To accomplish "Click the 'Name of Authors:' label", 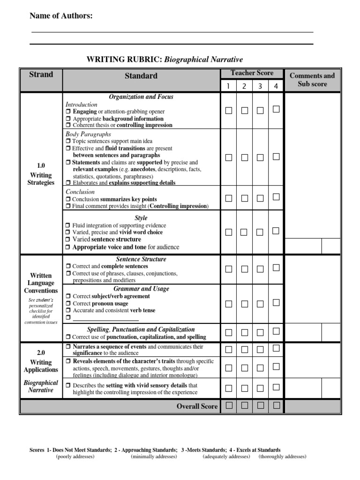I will click(61, 16).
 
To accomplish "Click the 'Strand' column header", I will click(41, 75).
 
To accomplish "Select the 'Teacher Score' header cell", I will click(252, 73).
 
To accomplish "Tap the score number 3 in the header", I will click(260, 86).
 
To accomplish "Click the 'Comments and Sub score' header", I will click(312, 80).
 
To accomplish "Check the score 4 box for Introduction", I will click(276, 109).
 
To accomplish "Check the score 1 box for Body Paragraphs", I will click(228, 157).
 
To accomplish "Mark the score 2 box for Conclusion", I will click(245, 198).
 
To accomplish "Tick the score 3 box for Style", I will click(260, 232).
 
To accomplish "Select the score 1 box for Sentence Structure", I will click(228, 269).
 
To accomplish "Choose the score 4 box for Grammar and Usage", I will click(276, 303).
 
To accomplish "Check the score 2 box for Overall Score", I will click(245, 405).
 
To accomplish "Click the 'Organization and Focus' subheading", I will click(141, 97).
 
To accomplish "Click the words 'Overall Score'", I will click(197, 406).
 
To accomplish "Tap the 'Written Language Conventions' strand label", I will click(41, 283).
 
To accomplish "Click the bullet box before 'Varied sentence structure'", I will click(68, 240).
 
